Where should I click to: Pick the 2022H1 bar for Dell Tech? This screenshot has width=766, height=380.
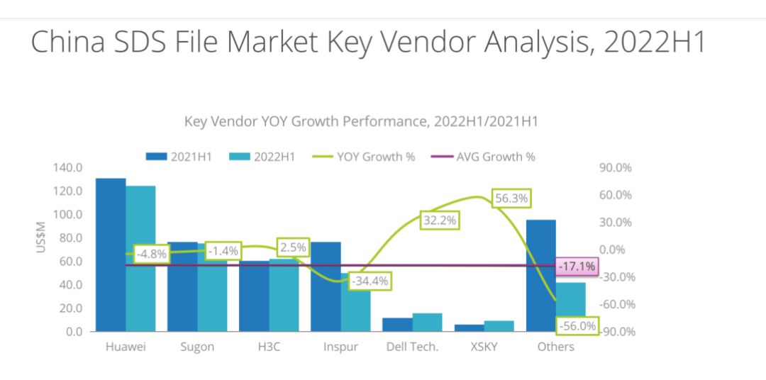point(427,322)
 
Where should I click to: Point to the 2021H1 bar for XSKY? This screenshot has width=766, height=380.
point(469,328)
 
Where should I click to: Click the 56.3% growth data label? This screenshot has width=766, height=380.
point(511,199)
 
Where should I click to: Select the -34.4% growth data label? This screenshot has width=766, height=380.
point(372,281)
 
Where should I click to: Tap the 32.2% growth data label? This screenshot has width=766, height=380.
point(440,220)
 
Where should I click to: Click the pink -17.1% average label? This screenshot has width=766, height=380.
point(577,267)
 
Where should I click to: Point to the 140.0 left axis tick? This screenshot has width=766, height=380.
point(67,168)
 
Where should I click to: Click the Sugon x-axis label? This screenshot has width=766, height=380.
point(196,347)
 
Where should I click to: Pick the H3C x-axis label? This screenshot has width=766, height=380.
point(269,347)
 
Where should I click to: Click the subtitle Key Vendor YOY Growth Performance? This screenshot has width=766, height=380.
point(361,121)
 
